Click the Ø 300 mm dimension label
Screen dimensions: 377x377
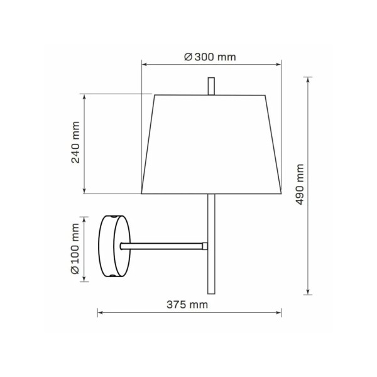coord(210,57)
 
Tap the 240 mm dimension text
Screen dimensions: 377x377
coord(75,143)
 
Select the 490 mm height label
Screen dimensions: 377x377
coord(300,184)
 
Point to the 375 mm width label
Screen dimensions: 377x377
coord(187,305)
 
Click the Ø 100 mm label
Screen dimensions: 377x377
coord(75,249)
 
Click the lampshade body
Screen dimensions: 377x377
coord(211,145)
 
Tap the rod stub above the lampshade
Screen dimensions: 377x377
coord(211,86)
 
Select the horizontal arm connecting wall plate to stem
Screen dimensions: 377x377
coord(161,246)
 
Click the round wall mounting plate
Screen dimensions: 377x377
coord(115,246)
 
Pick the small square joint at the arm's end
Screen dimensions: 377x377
coord(205,246)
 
